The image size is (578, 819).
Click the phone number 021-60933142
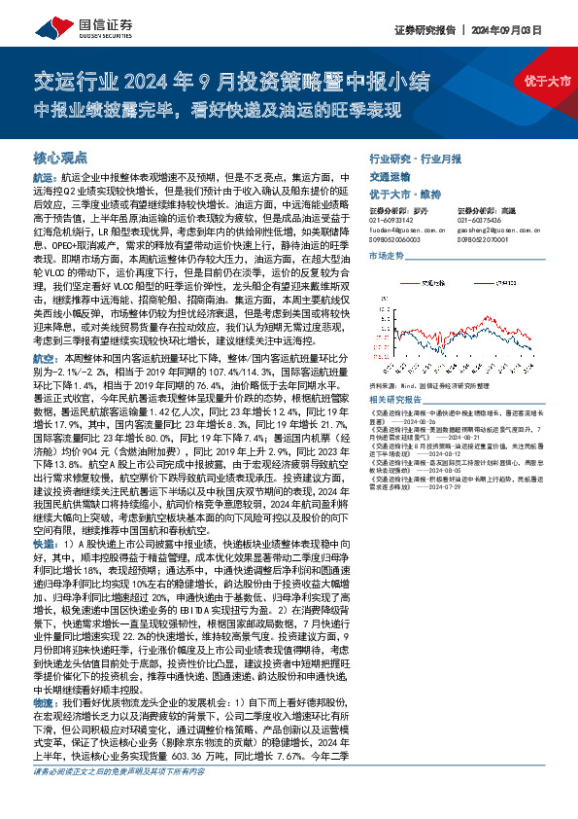pos(393,220)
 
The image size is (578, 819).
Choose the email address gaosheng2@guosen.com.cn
pos(495,230)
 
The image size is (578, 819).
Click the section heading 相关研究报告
pos(397,399)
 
